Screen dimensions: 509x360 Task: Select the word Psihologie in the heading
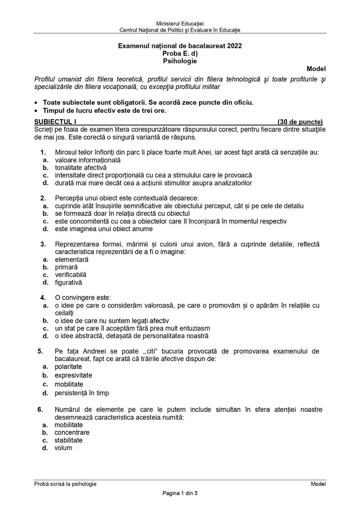180,61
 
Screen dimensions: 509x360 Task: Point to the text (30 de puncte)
300,121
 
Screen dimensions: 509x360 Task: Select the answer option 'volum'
63,448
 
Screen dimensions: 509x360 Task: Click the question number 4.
42,298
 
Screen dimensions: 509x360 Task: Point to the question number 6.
40,409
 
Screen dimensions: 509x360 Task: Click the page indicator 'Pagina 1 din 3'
180,493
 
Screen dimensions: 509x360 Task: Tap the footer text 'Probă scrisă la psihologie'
65,484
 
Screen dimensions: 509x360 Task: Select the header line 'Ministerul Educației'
180,23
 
